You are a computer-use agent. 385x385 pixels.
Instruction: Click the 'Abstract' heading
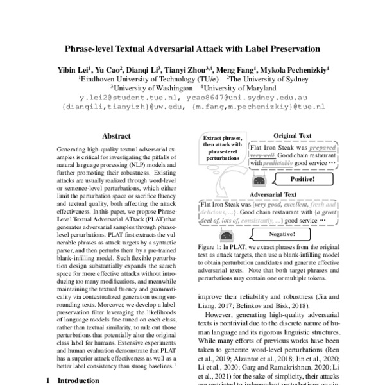[x=116, y=136]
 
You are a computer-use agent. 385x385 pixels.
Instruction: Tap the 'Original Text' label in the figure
[x=292, y=136]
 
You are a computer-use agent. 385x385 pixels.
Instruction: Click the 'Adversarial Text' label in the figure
[x=272, y=194]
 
